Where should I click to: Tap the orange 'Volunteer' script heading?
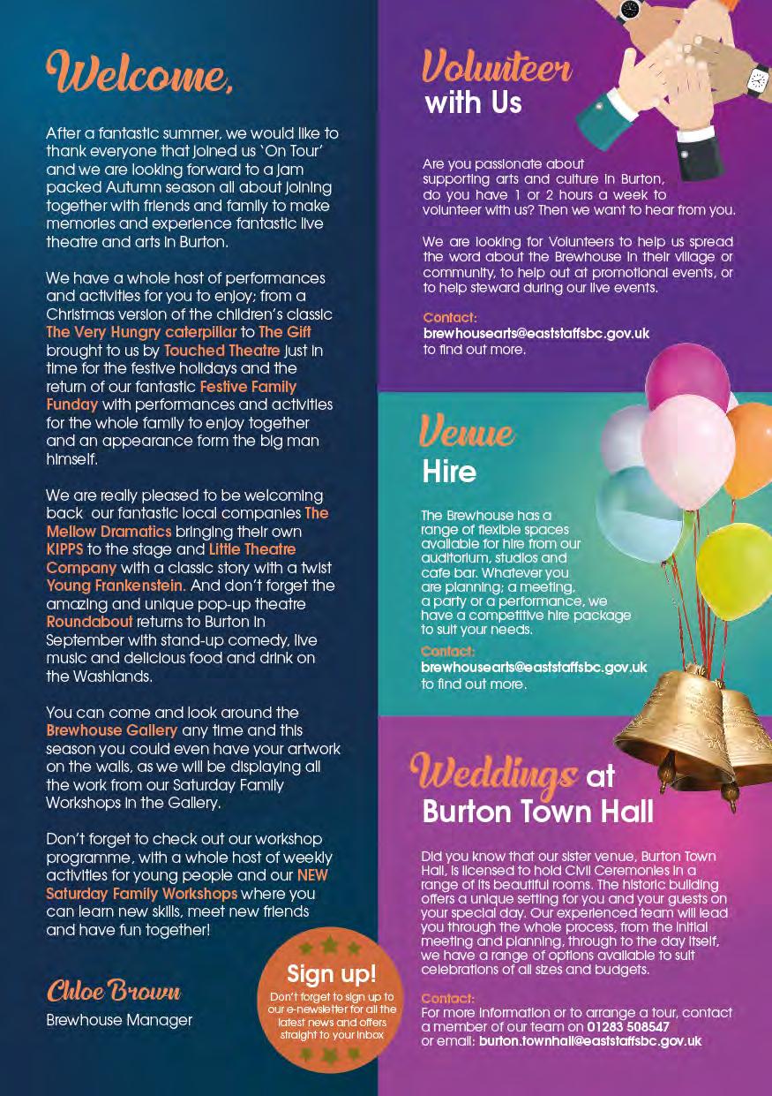click(497, 67)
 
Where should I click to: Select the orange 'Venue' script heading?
click(468, 433)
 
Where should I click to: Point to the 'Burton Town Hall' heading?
click(538, 811)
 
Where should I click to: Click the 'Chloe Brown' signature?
click(114, 991)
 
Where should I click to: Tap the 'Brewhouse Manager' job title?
click(119, 1020)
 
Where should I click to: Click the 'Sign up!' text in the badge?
click(332, 973)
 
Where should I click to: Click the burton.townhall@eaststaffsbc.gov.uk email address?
click(590, 1041)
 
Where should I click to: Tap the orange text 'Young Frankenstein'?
click(115, 585)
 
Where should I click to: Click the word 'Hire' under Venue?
click(449, 471)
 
